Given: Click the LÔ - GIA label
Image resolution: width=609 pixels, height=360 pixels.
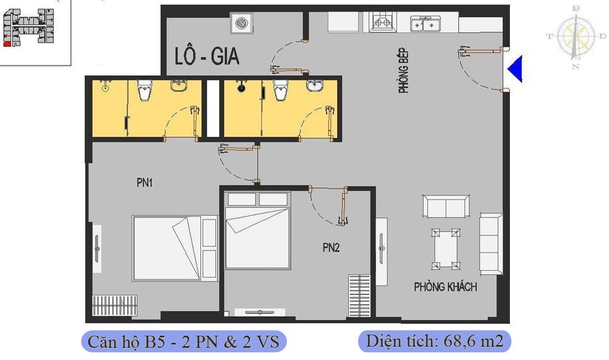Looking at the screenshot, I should [x=207, y=58].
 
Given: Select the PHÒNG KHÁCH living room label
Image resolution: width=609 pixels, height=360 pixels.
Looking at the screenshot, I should [x=445, y=287].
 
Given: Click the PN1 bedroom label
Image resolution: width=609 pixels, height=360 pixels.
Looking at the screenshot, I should [x=144, y=182].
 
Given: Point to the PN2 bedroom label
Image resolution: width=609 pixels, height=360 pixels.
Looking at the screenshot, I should [x=331, y=248].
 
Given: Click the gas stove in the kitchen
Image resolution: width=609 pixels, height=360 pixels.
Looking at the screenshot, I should [x=381, y=23].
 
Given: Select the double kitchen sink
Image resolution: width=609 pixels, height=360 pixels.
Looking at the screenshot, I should [x=425, y=24].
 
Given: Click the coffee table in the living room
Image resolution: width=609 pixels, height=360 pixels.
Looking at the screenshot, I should [x=446, y=249].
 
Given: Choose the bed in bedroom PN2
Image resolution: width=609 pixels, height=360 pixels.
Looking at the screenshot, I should [x=257, y=230].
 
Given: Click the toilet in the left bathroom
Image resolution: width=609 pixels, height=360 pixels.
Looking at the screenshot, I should [x=144, y=90].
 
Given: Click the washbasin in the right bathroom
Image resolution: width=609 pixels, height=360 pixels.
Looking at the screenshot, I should [x=315, y=86].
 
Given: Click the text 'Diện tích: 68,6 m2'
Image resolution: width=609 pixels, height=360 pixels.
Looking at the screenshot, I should [x=434, y=341].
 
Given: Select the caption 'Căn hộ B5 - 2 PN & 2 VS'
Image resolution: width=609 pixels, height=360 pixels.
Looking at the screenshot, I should [x=184, y=341].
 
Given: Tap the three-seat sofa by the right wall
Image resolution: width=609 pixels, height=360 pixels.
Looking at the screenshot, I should [x=491, y=243].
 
